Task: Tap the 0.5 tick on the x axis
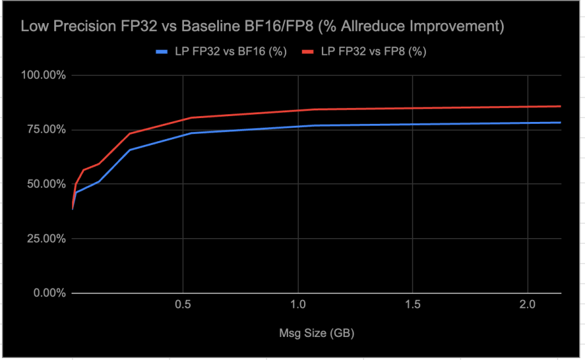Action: (x=183, y=306)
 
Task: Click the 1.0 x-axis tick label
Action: (x=298, y=306)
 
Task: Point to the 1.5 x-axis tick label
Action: (x=413, y=306)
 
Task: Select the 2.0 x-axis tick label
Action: (x=528, y=306)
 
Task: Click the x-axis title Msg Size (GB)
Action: (x=317, y=333)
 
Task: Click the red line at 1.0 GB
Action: (x=298, y=110)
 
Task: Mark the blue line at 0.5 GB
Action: (x=183, y=134)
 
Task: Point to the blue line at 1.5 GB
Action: (x=413, y=124)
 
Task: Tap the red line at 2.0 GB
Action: (x=528, y=107)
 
